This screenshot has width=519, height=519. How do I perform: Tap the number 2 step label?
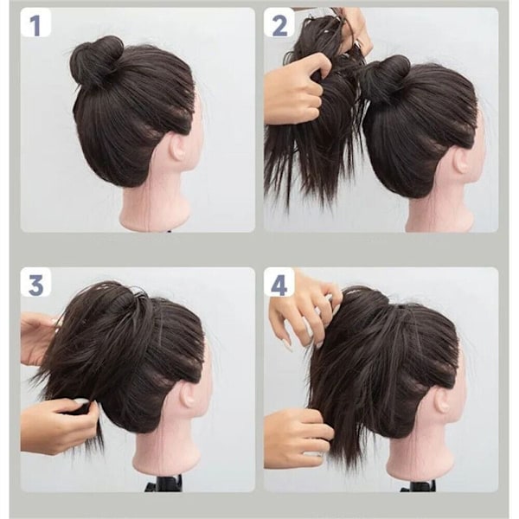pyautogui.click(x=279, y=26)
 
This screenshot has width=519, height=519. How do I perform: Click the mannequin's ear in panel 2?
pyautogui.click(x=463, y=161)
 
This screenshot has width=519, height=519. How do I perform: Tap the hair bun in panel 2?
pyautogui.click(x=388, y=77)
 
